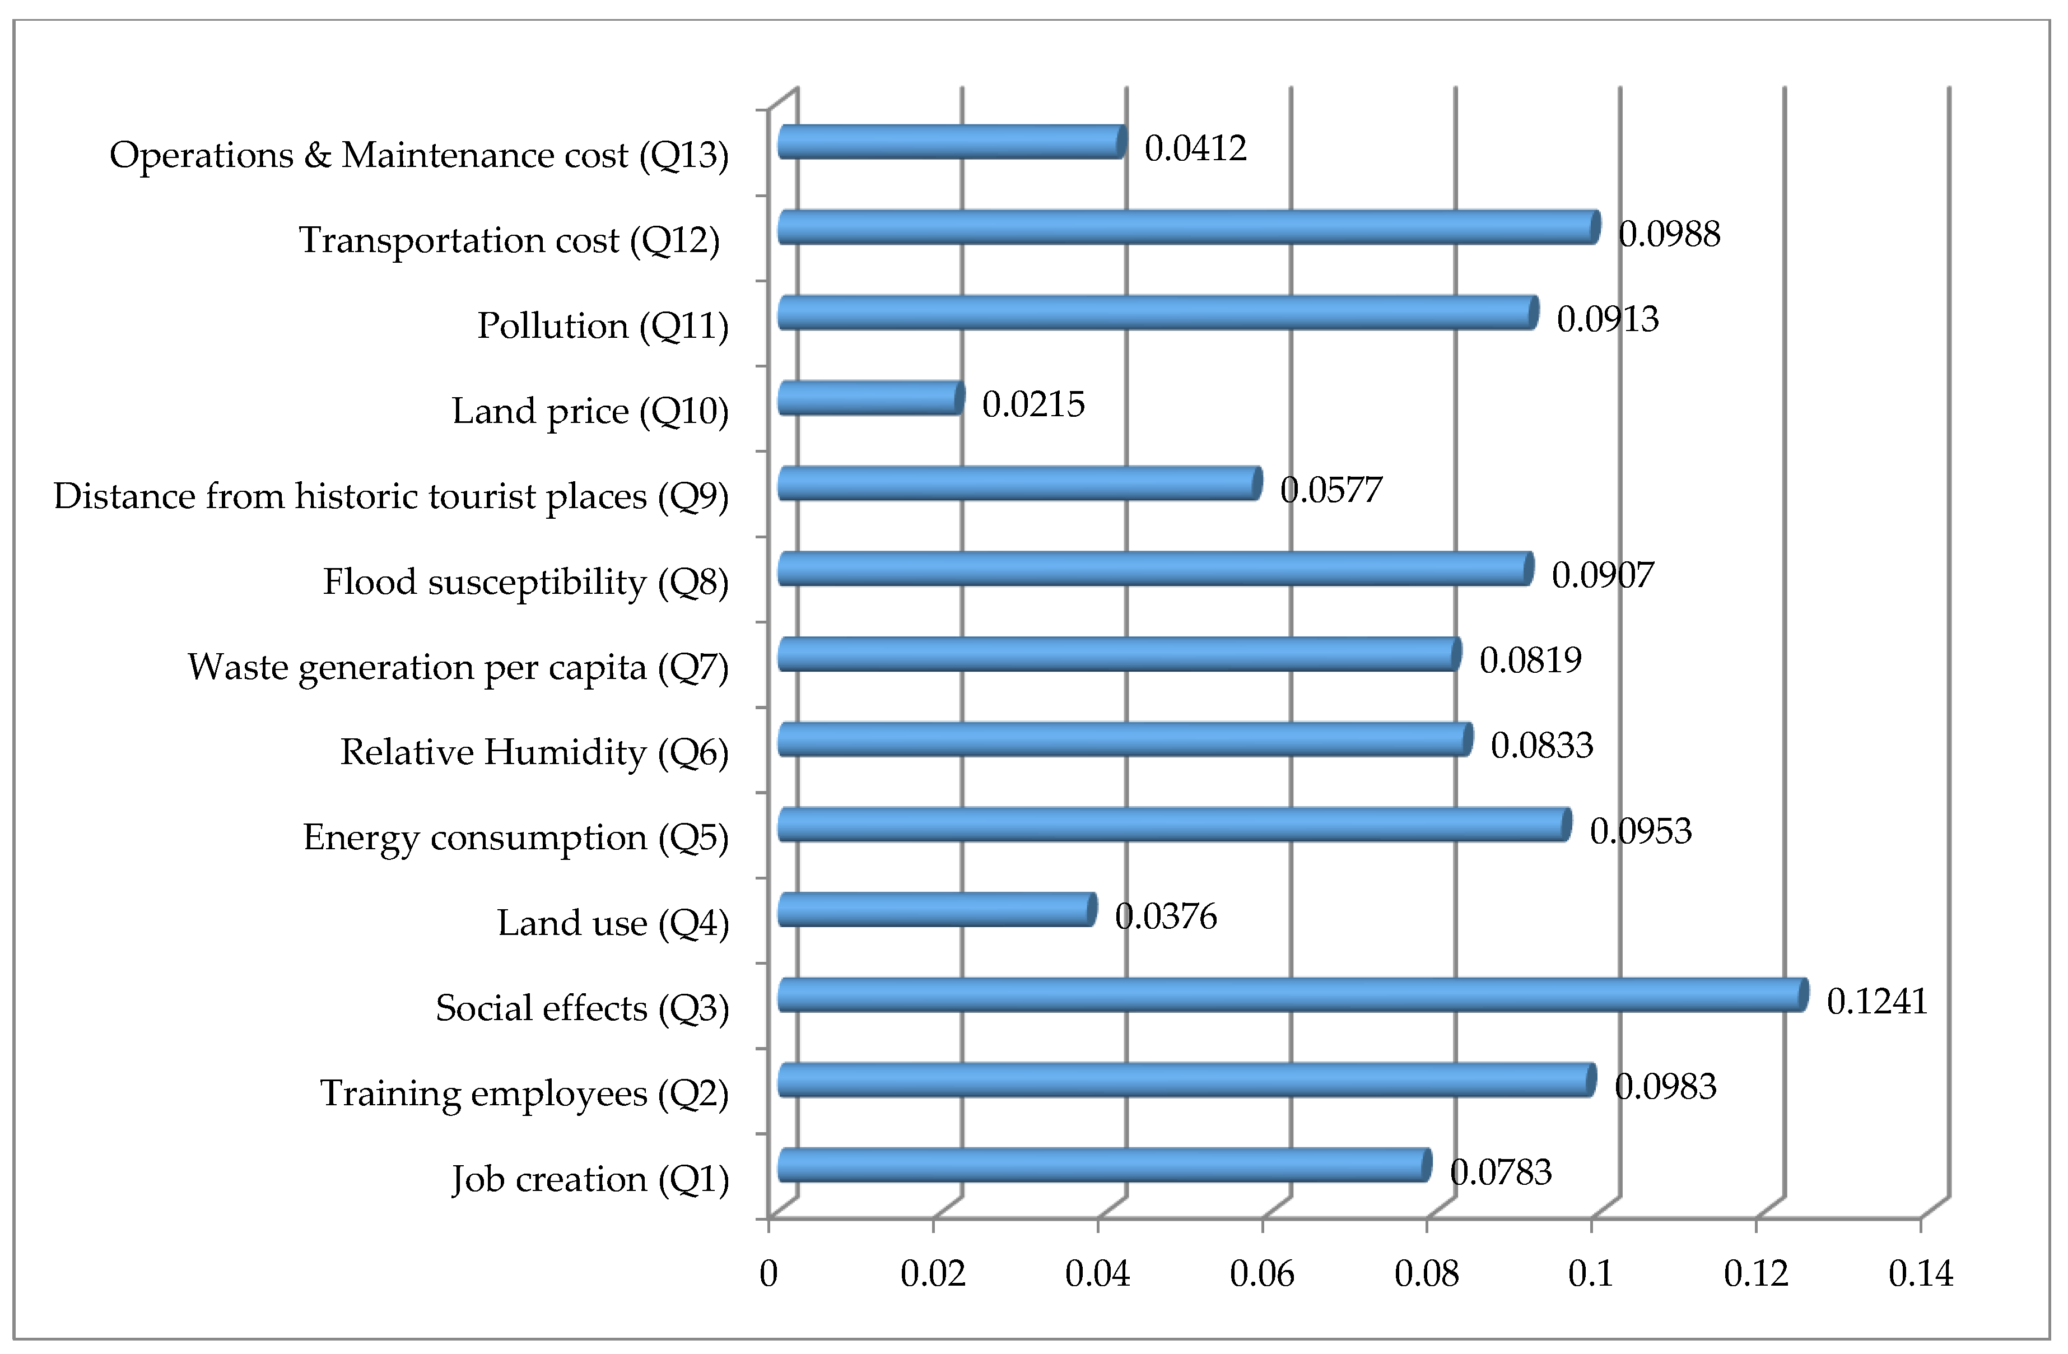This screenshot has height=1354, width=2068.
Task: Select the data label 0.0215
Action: click(1033, 404)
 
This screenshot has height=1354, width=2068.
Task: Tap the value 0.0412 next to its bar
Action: click(1195, 148)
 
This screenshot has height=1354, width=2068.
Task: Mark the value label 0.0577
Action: click(1330, 490)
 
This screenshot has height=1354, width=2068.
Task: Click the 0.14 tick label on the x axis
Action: click(1920, 1274)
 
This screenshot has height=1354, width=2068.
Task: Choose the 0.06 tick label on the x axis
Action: click(1261, 1274)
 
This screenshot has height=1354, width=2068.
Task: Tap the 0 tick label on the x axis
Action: click(768, 1274)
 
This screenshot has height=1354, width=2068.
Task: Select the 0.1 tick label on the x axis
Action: click(1591, 1274)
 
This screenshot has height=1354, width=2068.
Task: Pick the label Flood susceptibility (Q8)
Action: click(526, 582)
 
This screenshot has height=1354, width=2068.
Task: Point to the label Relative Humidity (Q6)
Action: click(534, 752)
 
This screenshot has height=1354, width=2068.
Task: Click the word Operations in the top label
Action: click(201, 156)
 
